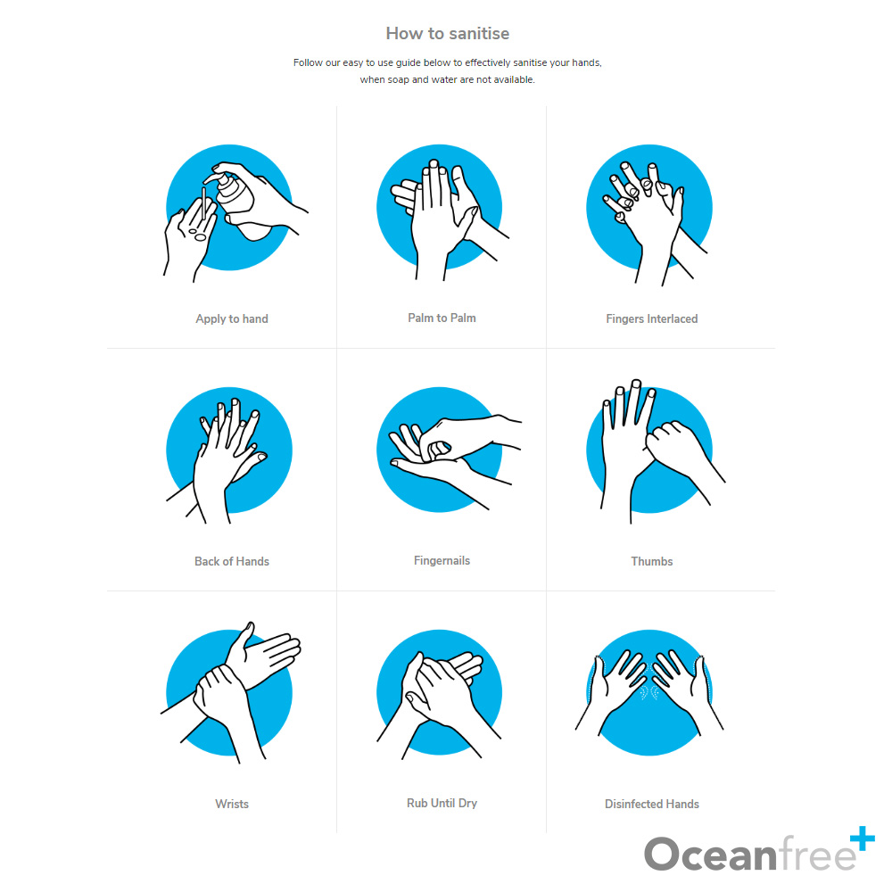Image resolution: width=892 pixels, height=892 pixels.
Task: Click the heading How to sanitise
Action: [447, 34]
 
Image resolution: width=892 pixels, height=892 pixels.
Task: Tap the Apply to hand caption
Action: [232, 319]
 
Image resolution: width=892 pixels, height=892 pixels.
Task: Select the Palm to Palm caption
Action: [442, 318]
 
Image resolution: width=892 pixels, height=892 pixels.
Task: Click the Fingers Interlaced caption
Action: [651, 319]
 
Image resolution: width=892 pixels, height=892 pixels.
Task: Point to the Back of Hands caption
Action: [232, 561]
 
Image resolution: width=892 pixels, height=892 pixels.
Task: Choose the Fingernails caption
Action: [442, 561]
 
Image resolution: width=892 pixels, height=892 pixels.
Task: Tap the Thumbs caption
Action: [651, 561]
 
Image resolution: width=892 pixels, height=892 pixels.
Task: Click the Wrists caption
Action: [232, 804]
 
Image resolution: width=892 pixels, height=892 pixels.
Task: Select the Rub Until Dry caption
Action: [442, 804]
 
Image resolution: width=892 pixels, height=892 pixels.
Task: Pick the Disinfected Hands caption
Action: [651, 804]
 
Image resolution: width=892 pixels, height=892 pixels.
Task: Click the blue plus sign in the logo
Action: [863, 838]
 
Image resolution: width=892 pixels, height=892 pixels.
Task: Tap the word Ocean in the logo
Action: [710, 854]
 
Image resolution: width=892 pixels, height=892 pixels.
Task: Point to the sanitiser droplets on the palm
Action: [198, 235]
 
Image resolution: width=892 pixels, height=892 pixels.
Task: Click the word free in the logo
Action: [817, 853]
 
